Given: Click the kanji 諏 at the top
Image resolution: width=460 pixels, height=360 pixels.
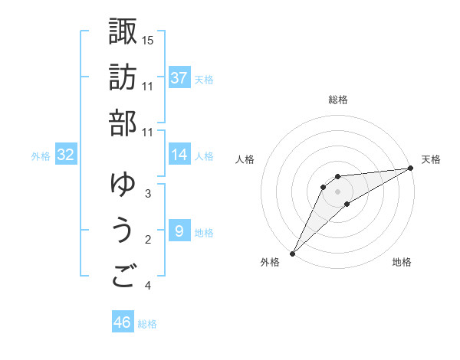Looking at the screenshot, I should click(x=123, y=31).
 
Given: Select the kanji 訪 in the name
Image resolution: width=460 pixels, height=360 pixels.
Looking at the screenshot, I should click(x=123, y=77).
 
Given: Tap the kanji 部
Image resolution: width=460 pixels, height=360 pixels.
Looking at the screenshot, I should click(x=123, y=123).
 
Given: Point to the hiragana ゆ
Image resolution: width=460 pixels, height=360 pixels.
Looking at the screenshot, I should click(x=123, y=185).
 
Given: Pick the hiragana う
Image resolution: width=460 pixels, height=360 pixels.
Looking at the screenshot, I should click(x=123, y=231).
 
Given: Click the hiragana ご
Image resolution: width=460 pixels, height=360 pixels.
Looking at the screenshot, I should click(x=123, y=277).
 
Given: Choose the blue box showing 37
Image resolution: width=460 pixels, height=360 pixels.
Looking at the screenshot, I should click(x=179, y=78).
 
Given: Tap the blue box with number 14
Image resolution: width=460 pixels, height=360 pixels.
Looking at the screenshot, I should click(x=179, y=155).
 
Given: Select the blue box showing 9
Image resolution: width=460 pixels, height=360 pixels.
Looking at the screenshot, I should click(x=179, y=231).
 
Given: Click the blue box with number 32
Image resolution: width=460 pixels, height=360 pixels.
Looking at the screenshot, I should click(x=66, y=155).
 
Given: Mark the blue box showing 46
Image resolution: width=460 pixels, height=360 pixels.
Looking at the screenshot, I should click(x=123, y=322).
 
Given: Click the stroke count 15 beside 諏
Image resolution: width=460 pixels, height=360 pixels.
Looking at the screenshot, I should click(x=148, y=40).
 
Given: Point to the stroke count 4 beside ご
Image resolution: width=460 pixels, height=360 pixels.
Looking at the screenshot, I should click(x=148, y=286).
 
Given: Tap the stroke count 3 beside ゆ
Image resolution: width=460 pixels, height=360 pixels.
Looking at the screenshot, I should click(x=148, y=194).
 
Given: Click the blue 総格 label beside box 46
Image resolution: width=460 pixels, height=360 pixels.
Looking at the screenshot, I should click(x=147, y=324).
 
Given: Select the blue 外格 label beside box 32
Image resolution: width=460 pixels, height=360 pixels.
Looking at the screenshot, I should click(x=41, y=156).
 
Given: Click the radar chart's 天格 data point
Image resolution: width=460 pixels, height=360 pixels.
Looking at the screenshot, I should click(x=410, y=169).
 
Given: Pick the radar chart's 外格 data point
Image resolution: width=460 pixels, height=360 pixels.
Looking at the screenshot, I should click(x=292, y=253).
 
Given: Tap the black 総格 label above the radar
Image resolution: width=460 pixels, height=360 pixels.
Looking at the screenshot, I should click(x=337, y=100).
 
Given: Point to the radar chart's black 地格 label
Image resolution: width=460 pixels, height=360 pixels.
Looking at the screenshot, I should click(x=402, y=262).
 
